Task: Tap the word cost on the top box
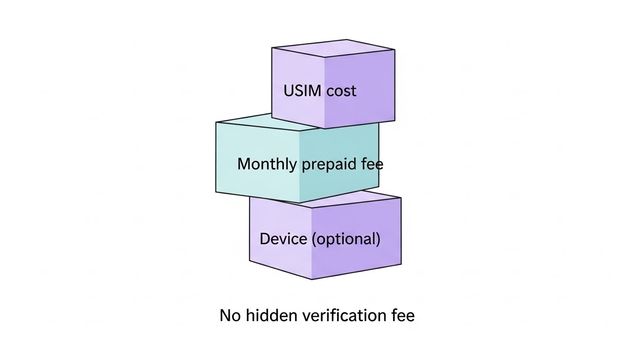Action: coord(341,90)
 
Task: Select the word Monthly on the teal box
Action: coord(267,164)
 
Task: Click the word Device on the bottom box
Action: coord(283,239)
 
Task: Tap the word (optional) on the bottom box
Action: coord(346,239)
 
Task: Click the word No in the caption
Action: coord(230,315)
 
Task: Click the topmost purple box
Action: coord(333,84)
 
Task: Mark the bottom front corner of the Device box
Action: coord(312,279)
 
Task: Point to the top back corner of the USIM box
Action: coord(347,39)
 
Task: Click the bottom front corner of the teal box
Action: coord(299,203)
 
